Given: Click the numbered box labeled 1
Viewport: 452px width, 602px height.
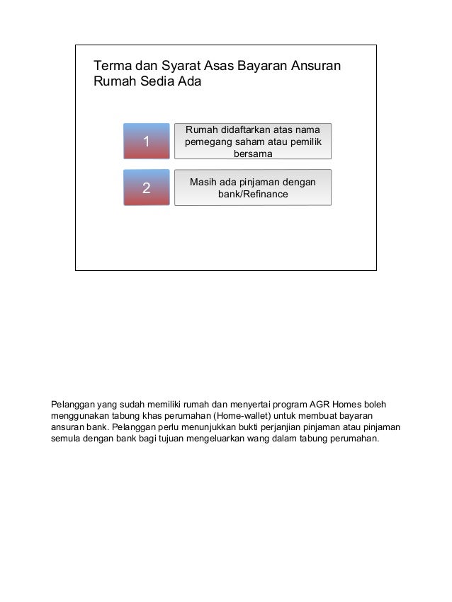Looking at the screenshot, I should (x=147, y=142).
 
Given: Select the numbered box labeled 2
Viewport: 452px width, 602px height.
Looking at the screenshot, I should (x=147, y=188).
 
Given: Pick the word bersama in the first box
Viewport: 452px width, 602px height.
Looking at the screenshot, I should (x=253, y=154).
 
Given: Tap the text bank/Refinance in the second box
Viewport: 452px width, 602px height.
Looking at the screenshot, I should (x=253, y=194).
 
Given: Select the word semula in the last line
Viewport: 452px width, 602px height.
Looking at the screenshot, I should (x=65, y=439).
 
